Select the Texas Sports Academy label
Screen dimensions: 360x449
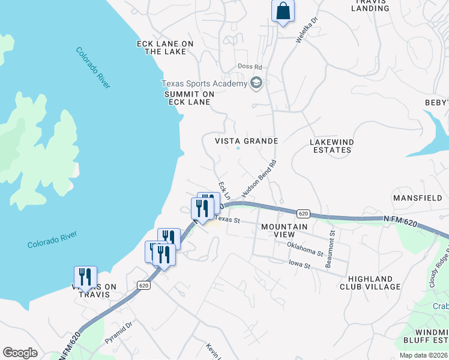[x=203, y=83]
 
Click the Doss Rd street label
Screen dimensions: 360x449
[x=250, y=67]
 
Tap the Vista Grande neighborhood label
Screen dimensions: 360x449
[x=247, y=140]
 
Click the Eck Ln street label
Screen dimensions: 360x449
[x=224, y=191]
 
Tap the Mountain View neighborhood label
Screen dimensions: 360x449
[x=285, y=231]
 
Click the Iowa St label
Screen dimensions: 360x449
[x=298, y=265]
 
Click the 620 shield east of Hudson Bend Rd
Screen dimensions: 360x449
[x=303, y=213]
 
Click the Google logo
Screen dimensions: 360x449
[x=20, y=353]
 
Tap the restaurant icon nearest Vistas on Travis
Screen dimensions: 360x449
[x=85, y=277]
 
